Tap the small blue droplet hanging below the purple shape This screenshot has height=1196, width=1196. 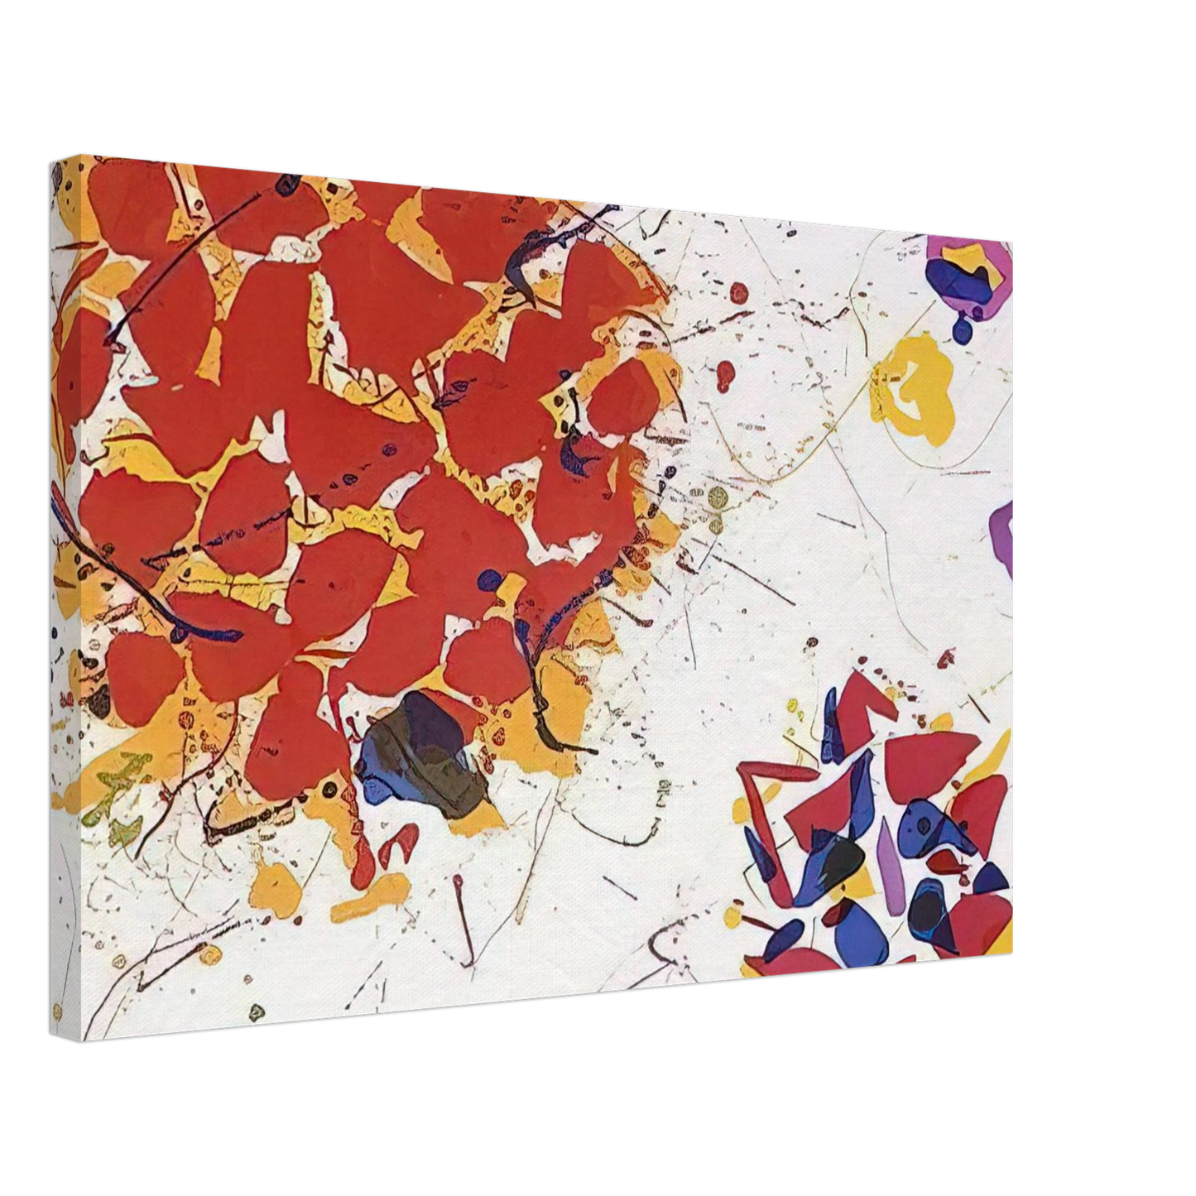[962, 331]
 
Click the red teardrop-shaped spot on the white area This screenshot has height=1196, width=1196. [726, 374]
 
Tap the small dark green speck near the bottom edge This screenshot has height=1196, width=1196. [257, 1011]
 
